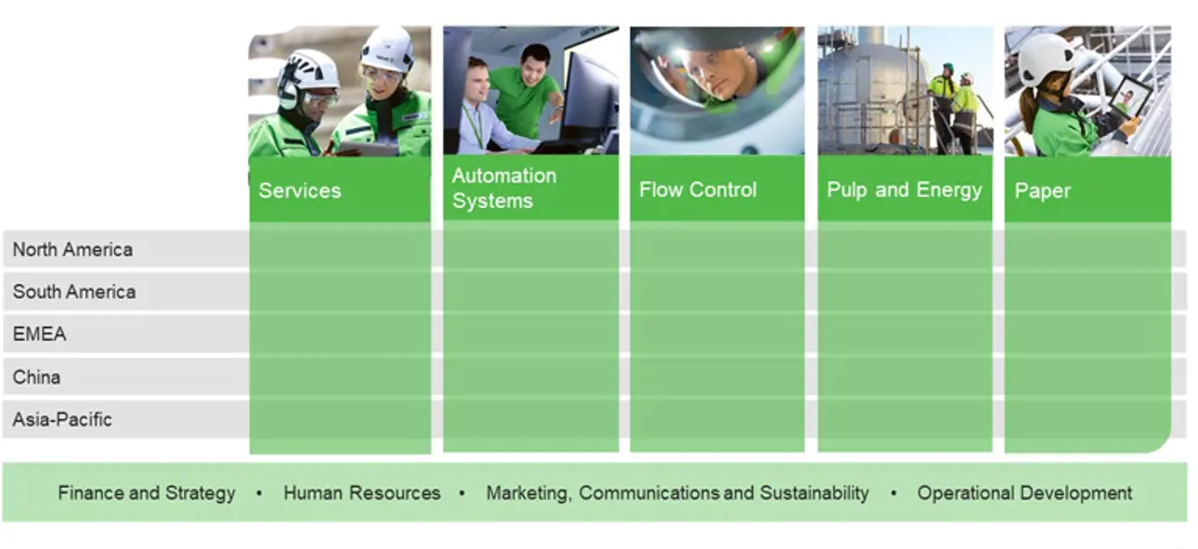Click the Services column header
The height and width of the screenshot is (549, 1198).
[300, 191]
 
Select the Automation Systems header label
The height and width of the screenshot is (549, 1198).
[503, 189]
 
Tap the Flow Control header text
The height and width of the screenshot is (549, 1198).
[698, 190]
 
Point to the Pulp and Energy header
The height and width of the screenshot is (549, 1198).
[905, 190]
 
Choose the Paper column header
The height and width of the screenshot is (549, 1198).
[1042, 191]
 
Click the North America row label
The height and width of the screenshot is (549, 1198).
[72, 250]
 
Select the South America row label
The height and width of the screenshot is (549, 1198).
[74, 293]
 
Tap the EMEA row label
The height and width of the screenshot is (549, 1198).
[40, 334]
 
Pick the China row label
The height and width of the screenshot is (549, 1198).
[36, 377]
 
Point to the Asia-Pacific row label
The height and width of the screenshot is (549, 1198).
[62, 420]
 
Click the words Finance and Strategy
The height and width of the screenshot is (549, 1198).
[147, 493]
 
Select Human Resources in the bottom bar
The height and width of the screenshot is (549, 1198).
[362, 493]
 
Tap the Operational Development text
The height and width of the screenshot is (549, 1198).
[1024, 493]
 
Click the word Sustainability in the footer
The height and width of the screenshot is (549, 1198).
[814, 493]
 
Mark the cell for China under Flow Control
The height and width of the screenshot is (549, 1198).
[717, 377]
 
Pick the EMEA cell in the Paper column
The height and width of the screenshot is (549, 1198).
[1087, 334]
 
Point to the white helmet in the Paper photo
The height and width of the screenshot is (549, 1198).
[1045, 59]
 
